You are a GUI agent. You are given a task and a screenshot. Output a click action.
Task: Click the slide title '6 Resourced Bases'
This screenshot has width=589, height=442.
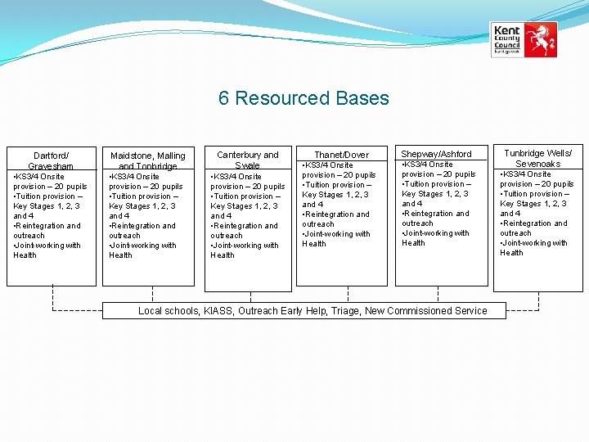point(303,99)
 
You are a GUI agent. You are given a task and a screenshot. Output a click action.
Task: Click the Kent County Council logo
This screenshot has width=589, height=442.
point(524,39)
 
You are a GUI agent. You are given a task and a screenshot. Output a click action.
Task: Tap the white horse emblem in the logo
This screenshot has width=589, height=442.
point(539,38)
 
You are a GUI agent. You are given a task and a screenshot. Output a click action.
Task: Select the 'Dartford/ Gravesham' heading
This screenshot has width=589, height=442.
point(51,160)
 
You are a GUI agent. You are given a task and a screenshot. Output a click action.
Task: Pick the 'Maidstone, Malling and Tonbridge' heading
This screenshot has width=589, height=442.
point(148,160)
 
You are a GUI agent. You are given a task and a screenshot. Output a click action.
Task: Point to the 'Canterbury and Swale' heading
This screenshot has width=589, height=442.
point(247,160)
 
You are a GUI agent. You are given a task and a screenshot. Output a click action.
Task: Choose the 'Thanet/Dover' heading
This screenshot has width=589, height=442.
point(342,155)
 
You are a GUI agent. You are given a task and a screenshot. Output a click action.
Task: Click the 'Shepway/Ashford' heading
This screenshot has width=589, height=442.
point(436,154)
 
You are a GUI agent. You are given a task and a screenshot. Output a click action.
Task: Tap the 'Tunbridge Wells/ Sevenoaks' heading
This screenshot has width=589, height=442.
point(537,158)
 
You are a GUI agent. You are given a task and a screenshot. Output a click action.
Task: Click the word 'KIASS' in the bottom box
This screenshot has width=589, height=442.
point(219,311)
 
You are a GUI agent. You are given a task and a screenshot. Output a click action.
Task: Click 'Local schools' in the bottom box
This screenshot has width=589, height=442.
point(169,311)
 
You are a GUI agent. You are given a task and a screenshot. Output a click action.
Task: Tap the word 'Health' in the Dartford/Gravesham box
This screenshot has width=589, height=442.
point(25,255)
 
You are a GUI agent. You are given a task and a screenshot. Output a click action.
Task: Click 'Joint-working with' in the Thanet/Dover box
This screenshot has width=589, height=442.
point(336,234)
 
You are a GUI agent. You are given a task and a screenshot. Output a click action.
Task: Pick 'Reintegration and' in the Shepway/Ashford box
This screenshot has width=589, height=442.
point(436,214)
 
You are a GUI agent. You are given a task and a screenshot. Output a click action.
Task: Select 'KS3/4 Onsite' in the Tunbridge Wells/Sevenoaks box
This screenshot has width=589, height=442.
point(527,174)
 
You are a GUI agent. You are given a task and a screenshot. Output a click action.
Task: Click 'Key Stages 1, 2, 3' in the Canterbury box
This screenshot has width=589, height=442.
point(244,206)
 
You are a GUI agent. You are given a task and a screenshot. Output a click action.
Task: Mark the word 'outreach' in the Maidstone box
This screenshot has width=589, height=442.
point(124,236)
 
